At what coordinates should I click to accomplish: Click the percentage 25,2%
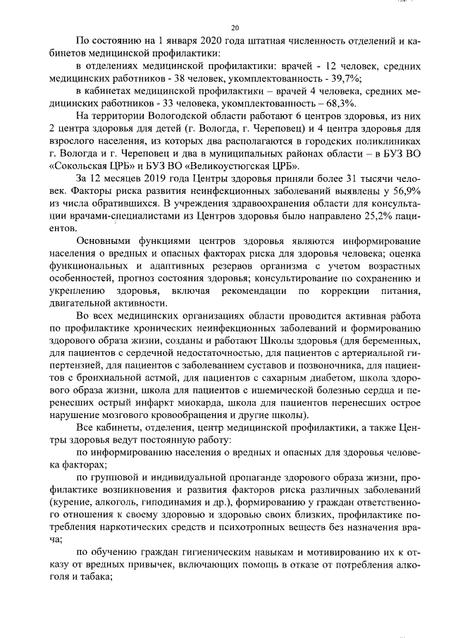(355, 217)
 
